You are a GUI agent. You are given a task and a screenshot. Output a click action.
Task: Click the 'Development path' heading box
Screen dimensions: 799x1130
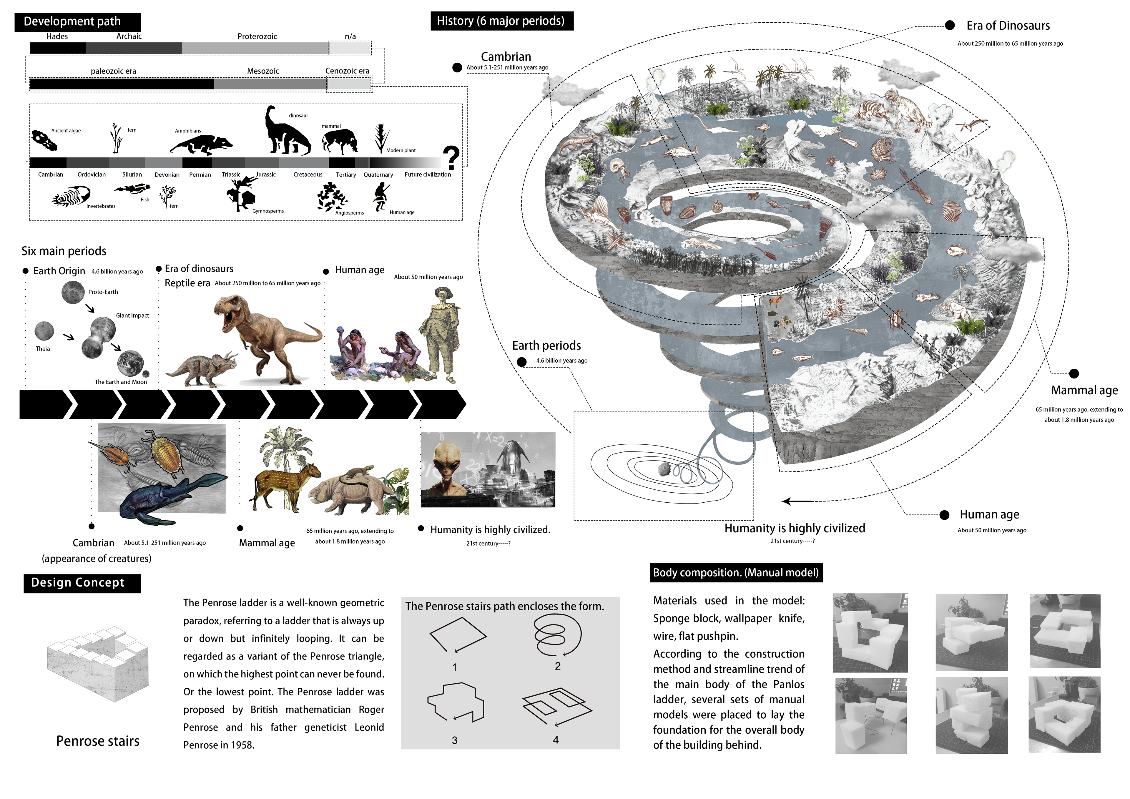pos(77,22)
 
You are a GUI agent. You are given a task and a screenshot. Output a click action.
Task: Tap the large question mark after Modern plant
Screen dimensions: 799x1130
pos(451,158)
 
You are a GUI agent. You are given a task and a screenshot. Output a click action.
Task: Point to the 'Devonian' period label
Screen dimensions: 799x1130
pos(167,175)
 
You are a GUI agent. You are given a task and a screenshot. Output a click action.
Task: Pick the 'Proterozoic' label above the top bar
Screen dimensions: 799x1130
pos(257,36)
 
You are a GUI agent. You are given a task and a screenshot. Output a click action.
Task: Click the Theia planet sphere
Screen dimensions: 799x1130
pos(44,331)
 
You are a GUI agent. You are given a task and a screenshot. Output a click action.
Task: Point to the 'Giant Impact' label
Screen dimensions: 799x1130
pos(132,315)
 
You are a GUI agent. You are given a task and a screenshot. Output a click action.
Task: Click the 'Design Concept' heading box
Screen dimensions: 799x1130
pos(82,583)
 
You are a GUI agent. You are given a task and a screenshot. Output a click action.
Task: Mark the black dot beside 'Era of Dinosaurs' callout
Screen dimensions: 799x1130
pos(950,26)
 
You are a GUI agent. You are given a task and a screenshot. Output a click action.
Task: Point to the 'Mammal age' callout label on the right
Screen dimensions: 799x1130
pos(1084,391)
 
